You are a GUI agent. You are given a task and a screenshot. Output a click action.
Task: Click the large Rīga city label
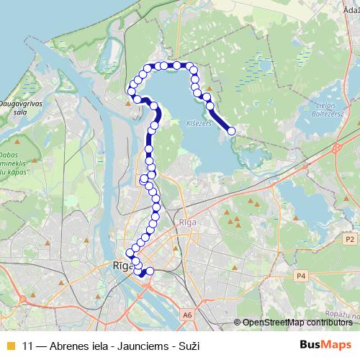coord(120,266)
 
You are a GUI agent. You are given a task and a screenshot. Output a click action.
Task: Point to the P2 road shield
coord(350,238)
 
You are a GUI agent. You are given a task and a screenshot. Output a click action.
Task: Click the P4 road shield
coord(302,275)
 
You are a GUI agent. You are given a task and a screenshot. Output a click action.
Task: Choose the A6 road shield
coord(187,315)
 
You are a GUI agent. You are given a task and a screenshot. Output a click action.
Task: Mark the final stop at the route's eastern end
coord(231,130)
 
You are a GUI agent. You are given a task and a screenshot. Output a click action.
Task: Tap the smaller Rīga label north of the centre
coord(189,222)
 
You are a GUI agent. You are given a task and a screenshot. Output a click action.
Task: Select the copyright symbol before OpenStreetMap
coord(237,322)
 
